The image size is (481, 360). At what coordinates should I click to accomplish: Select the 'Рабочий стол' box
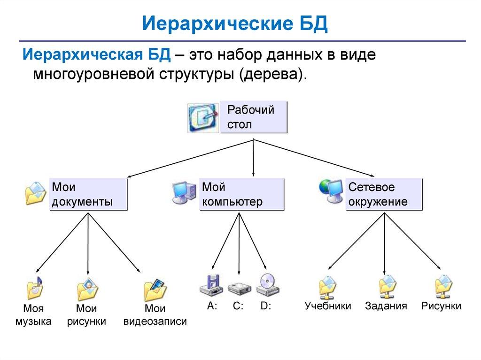pyautogui.click(x=254, y=117)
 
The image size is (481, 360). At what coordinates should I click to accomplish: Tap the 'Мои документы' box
pyautogui.click(x=88, y=194)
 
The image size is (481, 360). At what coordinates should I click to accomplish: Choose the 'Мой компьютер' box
pyautogui.click(x=242, y=194)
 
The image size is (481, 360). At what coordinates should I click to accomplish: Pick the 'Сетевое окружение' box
pyautogui.click(x=384, y=194)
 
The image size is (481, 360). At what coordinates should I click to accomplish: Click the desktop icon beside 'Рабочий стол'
pyautogui.click(x=203, y=118)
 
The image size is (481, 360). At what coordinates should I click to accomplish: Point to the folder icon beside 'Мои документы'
pyautogui.click(x=36, y=193)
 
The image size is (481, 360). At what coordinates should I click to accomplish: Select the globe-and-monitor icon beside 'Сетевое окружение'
pyautogui.click(x=331, y=191)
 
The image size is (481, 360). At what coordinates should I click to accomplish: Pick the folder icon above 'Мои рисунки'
pyautogui.click(x=87, y=289)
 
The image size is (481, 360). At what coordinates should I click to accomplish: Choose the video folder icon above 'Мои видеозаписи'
pyautogui.click(x=155, y=290)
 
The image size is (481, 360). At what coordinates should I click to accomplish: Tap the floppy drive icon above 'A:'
pyautogui.click(x=210, y=285)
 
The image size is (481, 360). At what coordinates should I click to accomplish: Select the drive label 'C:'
pyautogui.click(x=238, y=306)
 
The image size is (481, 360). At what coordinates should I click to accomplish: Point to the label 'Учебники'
pyautogui.click(x=327, y=306)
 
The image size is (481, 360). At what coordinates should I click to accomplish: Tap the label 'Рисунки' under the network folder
pyautogui.click(x=441, y=306)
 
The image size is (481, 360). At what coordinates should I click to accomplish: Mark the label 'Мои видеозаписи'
pyautogui.click(x=155, y=315)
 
